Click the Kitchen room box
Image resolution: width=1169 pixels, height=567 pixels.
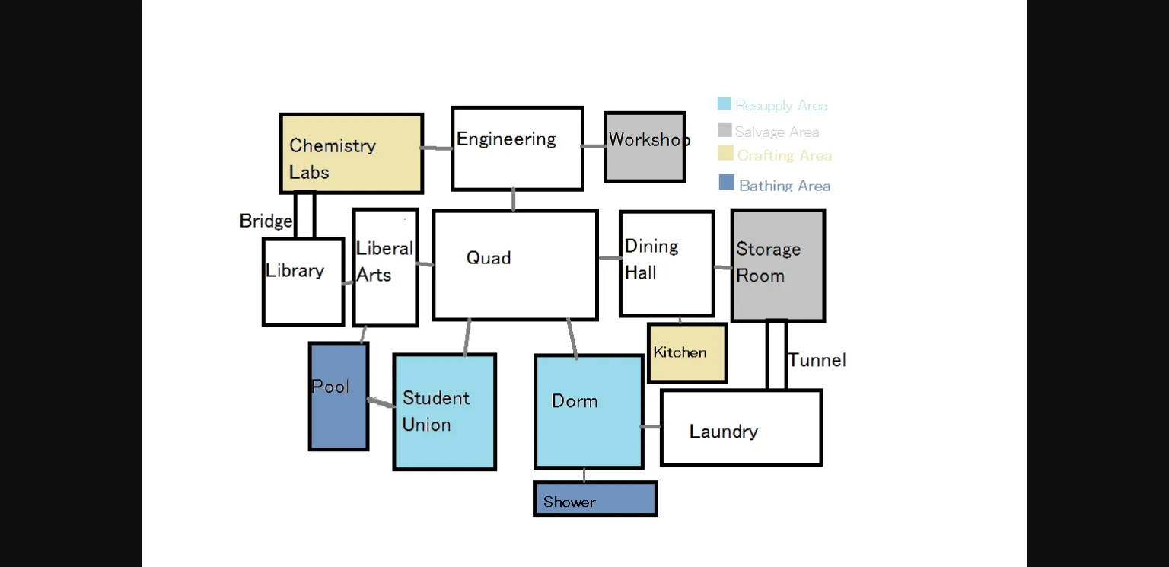[x=687, y=353]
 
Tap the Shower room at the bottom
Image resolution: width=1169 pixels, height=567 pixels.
[x=595, y=499]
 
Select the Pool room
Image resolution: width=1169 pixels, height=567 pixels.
[x=339, y=396]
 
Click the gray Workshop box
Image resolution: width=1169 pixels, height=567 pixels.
[x=645, y=147]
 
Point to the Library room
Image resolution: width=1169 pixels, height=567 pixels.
[x=303, y=282]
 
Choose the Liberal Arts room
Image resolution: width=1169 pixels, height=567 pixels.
[x=385, y=267]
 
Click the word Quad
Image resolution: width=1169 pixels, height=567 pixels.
[x=489, y=258]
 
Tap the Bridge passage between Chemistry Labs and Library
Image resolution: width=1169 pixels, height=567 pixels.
[x=304, y=215]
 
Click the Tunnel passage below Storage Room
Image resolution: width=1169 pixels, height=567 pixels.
[x=776, y=355]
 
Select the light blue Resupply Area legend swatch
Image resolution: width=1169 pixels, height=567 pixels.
[x=725, y=104]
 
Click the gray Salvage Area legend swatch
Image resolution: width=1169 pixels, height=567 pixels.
[x=725, y=130]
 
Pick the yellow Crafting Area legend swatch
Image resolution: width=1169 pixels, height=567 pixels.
[x=726, y=154]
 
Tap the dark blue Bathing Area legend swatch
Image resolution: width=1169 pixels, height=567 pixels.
[x=727, y=183]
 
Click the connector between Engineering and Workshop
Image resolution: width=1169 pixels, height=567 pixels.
[x=594, y=146]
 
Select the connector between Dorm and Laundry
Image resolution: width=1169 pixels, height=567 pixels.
[x=651, y=427]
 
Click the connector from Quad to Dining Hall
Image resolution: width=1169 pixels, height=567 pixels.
[x=609, y=258]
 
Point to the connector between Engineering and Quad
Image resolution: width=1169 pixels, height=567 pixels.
[x=514, y=200]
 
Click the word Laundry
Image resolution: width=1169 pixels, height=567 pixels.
[x=723, y=432]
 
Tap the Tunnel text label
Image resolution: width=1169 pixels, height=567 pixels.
[x=817, y=360]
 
